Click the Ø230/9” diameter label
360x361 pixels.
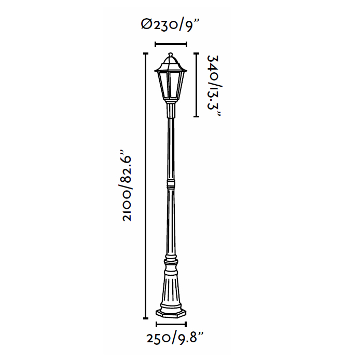(x=170, y=24)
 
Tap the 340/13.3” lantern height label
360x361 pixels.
(x=214, y=86)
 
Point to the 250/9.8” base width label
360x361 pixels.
(x=175, y=338)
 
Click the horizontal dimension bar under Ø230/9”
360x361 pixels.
(x=171, y=44)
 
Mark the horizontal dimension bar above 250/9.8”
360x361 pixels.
(x=171, y=324)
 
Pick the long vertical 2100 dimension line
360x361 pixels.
(x=145, y=185)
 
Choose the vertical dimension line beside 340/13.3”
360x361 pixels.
(x=196, y=85)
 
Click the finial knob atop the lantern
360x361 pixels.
(x=170, y=55)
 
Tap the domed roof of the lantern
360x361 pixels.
(x=170, y=64)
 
